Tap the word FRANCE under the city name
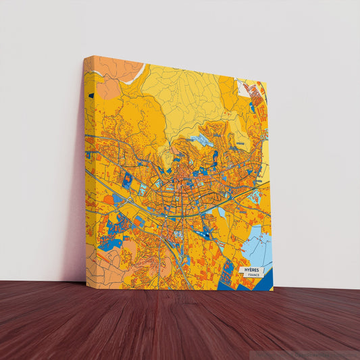[253, 276]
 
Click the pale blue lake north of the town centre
[201, 141]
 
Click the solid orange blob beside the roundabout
[108, 200]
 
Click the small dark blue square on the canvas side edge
[90, 95]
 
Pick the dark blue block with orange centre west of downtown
[127, 179]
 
